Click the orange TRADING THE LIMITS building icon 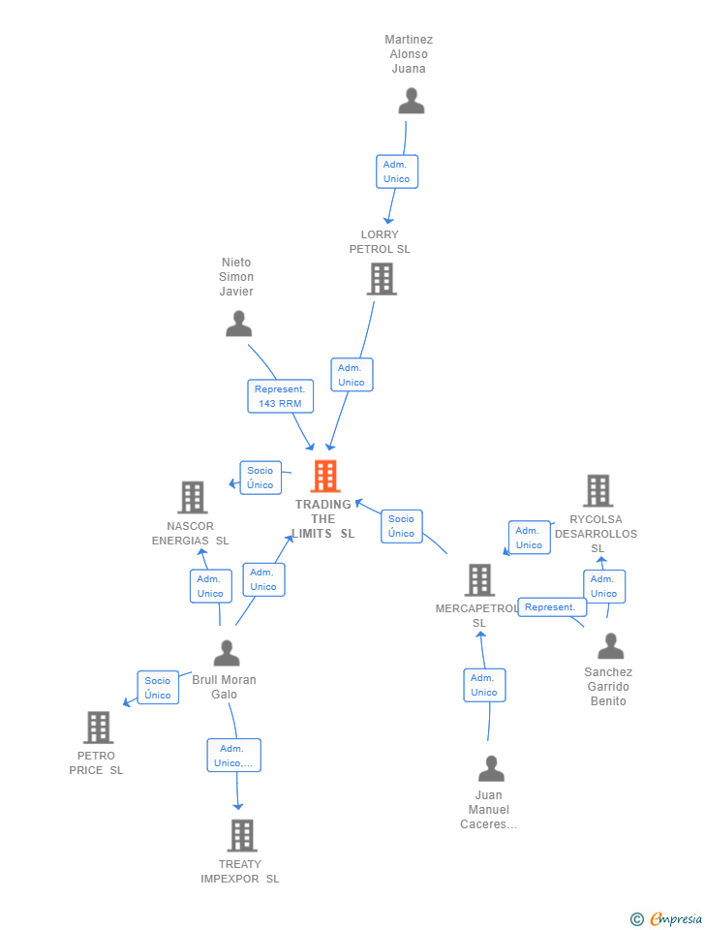pos(325,477)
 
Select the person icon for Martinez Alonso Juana pos(412,102)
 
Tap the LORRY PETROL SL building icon pos(383,279)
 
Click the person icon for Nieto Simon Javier pos(238,325)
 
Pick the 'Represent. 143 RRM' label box pos(280,396)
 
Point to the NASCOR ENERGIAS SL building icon pos(193,498)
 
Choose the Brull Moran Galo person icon pos(227,654)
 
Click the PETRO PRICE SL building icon pos(98,728)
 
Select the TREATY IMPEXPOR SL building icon pos(241,835)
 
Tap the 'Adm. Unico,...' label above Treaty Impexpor pos(233,756)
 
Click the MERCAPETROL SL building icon pos(479,580)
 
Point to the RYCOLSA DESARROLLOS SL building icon pos(598,491)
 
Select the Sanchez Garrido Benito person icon pos(610,646)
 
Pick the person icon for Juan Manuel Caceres pos(491,769)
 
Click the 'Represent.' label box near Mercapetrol pos(552,607)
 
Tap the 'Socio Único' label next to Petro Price pos(158,688)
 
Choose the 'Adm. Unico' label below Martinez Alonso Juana pos(397,171)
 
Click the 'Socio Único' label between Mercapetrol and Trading pos(401,526)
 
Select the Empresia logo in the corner pos(666,918)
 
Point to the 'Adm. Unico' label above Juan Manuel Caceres pos(484,685)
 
